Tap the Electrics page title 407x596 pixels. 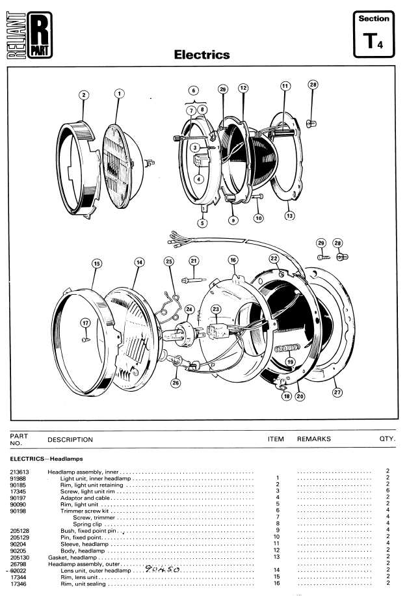tap(202, 55)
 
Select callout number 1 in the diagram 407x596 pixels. tap(119, 94)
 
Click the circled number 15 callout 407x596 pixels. tap(97, 264)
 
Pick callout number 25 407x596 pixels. tap(169, 261)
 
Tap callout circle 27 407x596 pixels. tap(337, 392)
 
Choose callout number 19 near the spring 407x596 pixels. tap(289, 362)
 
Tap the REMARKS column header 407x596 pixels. tap(314, 439)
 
